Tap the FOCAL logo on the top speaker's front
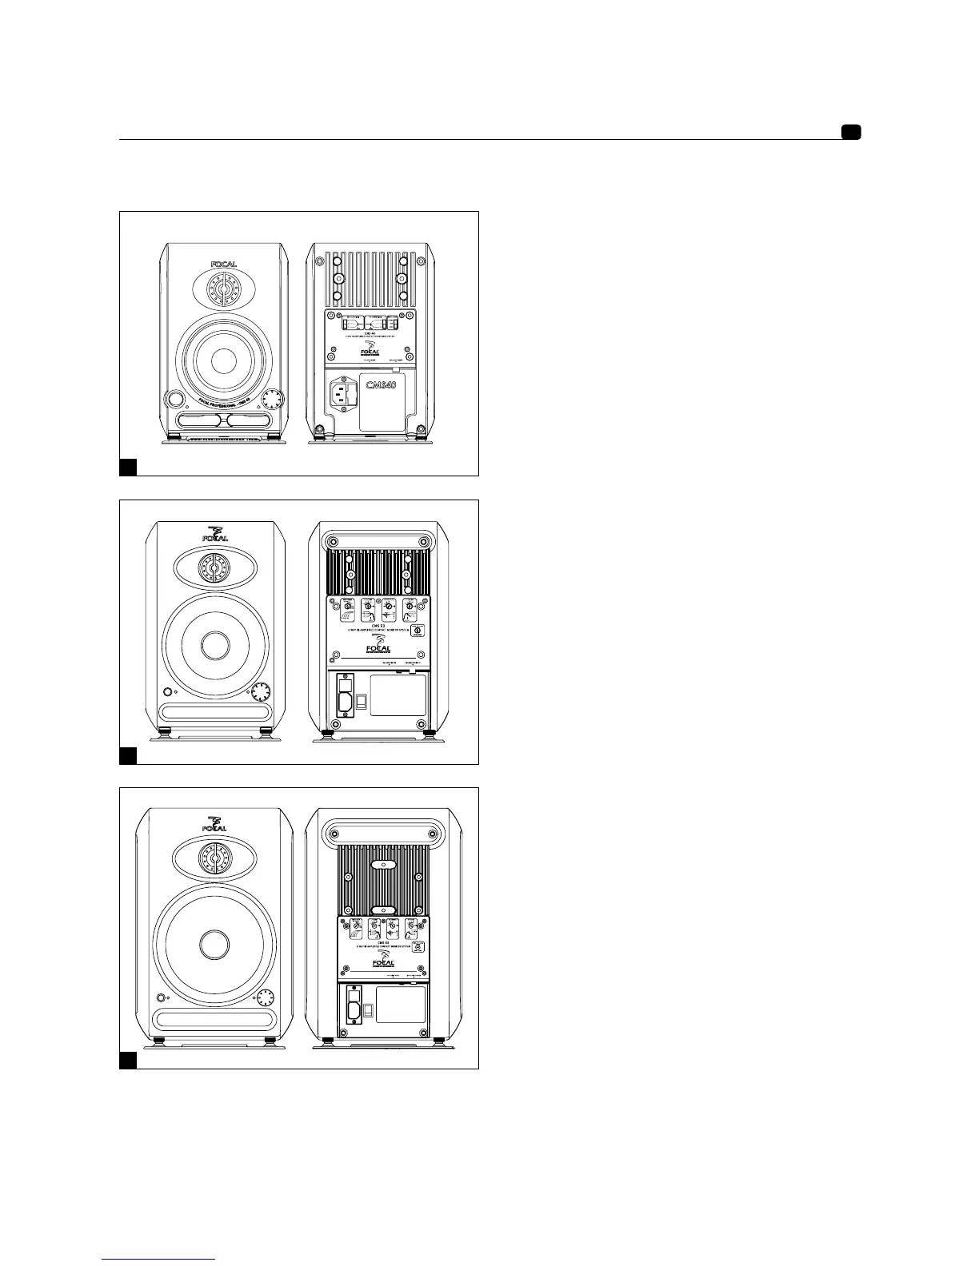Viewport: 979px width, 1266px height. (x=224, y=265)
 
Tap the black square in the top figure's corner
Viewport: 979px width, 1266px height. (x=128, y=467)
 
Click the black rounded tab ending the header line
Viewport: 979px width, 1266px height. (x=850, y=132)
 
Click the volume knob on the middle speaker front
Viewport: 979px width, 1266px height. (x=259, y=692)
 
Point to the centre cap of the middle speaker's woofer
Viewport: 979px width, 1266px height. (x=214, y=646)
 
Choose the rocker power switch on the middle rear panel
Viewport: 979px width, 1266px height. (x=362, y=703)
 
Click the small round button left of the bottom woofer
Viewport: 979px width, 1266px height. (x=162, y=997)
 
